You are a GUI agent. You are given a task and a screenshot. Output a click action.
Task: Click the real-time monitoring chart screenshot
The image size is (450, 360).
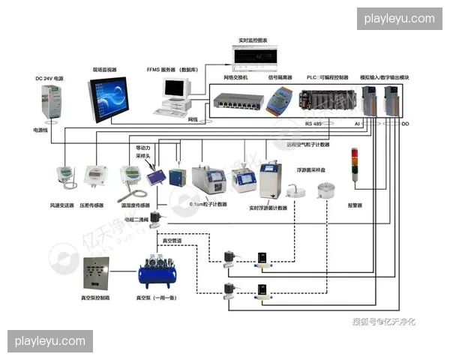pyautogui.click(x=254, y=55)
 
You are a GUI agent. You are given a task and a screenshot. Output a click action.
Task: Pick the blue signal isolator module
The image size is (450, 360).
pyautogui.click(x=281, y=97)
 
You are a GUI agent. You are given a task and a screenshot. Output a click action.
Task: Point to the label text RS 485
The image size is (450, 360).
pyautogui.click(x=313, y=122)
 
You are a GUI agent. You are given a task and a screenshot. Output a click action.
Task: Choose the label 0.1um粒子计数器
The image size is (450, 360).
pyautogui.click(x=208, y=204)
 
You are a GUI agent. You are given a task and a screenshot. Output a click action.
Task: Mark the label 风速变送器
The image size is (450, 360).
pyautogui.click(x=61, y=205)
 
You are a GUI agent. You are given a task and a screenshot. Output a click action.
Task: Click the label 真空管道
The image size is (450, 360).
pyautogui.click(x=172, y=240)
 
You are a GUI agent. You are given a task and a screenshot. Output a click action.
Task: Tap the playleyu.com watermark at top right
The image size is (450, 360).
pyautogui.click(x=399, y=18)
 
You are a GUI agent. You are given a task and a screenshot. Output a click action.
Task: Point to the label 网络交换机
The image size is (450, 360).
pyautogui.click(x=236, y=77)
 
